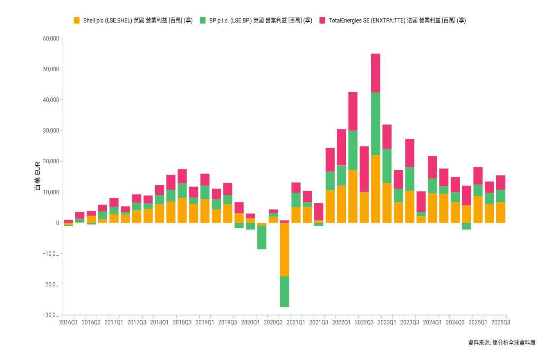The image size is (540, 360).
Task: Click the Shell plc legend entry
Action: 133,20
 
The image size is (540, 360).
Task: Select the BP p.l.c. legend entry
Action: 256,20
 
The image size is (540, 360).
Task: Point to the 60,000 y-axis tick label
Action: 51,38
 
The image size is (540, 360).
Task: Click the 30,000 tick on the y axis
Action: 51,130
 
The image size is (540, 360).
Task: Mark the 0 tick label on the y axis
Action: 57,223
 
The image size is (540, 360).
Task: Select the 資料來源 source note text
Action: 502,343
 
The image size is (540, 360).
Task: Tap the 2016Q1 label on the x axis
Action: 68,322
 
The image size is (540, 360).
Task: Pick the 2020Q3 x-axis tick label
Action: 273,322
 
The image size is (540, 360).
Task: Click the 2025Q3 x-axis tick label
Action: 501,322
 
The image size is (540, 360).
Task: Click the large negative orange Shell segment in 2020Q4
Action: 285,250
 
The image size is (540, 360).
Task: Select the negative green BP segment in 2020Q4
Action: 285,292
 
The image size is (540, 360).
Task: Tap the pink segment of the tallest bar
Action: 376,73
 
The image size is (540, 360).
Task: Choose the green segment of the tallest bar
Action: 376,124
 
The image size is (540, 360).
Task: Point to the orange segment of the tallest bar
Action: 376,189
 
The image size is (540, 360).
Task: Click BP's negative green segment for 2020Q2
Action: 262,237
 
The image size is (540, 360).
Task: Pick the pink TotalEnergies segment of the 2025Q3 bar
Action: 501,182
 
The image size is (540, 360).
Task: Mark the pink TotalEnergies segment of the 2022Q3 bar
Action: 364,169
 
